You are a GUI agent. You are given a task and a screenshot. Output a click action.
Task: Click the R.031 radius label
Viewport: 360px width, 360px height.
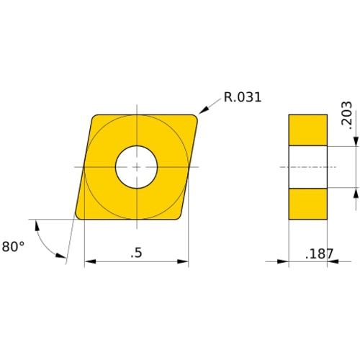tap(243, 96)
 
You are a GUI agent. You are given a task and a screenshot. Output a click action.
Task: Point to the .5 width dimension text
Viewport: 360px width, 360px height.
tap(136, 253)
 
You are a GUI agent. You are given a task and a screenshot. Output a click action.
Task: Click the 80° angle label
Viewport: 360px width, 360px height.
tap(13, 246)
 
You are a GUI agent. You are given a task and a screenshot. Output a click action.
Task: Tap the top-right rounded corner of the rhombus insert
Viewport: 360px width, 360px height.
tap(193, 118)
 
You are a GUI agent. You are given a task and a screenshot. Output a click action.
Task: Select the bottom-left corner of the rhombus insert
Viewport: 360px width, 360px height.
tap(79, 215)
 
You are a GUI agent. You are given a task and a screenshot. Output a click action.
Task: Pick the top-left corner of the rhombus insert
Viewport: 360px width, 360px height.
tap(96, 118)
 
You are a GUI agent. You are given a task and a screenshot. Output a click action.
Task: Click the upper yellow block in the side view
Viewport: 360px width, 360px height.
tap(307, 130)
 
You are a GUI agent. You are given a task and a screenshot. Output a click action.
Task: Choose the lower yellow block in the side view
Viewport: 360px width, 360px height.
tap(307, 204)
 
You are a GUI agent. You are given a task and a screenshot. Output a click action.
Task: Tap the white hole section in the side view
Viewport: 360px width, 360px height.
tap(307, 167)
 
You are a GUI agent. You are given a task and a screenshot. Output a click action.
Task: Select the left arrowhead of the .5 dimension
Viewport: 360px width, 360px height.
tap(90, 262)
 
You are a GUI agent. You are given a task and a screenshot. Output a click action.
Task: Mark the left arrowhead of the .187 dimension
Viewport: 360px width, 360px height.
tap(283, 262)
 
